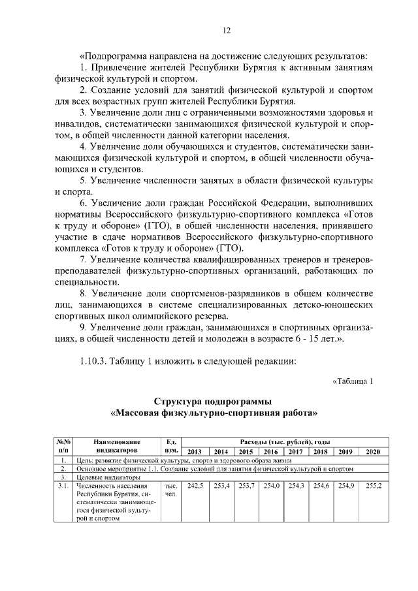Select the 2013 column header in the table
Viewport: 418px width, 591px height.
coord(195,452)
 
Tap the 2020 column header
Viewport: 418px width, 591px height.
coord(372,452)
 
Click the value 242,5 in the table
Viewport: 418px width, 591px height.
coord(195,487)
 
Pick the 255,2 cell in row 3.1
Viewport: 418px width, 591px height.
coord(372,487)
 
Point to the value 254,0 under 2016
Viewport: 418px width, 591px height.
coord(270,487)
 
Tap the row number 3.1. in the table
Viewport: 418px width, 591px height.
coord(63,487)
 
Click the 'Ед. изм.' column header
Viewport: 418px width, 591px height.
coord(172,447)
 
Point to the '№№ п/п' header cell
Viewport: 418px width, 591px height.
coord(63,447)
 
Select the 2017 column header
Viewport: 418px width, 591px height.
coord(296,452)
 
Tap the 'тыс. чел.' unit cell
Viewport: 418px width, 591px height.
coord(172,490)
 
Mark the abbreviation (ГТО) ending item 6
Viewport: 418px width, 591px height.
coord(231,249)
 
